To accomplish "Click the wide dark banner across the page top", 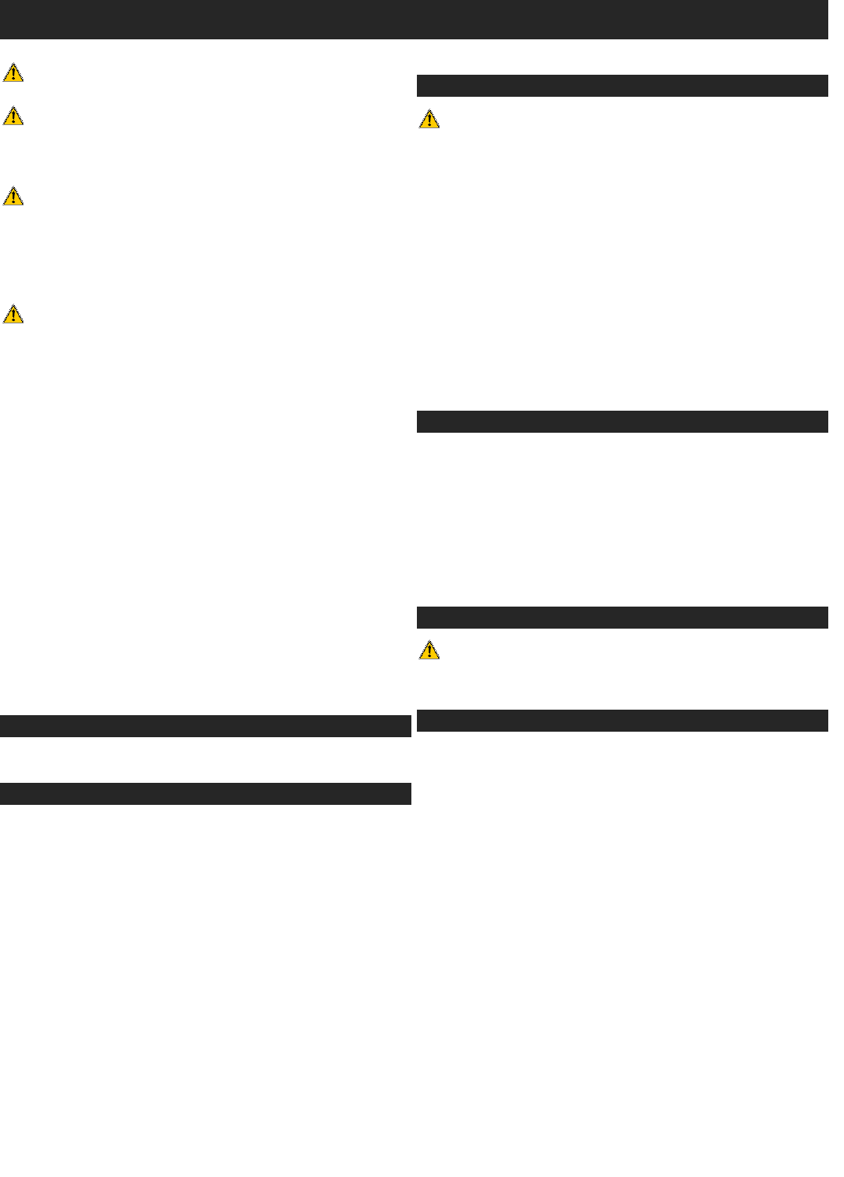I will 414,19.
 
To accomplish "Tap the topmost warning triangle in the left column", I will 13,73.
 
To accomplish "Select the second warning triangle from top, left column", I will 13,116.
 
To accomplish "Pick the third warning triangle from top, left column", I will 13,196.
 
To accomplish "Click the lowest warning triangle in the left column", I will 13,315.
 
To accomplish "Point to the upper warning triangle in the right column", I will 429,120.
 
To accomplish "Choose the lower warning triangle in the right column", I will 429,651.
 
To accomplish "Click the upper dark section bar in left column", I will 205,726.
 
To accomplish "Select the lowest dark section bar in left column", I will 205,794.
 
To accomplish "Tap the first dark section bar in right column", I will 622,86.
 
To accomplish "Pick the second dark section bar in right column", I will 622,422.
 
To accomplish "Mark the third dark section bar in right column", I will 622,618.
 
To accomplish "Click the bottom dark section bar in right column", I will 622,721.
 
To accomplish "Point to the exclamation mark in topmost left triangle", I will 13,75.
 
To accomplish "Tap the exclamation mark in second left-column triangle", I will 13,118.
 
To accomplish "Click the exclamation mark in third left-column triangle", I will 13,197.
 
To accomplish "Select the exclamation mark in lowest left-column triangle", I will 13,316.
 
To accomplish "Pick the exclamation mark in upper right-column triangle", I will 429,121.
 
